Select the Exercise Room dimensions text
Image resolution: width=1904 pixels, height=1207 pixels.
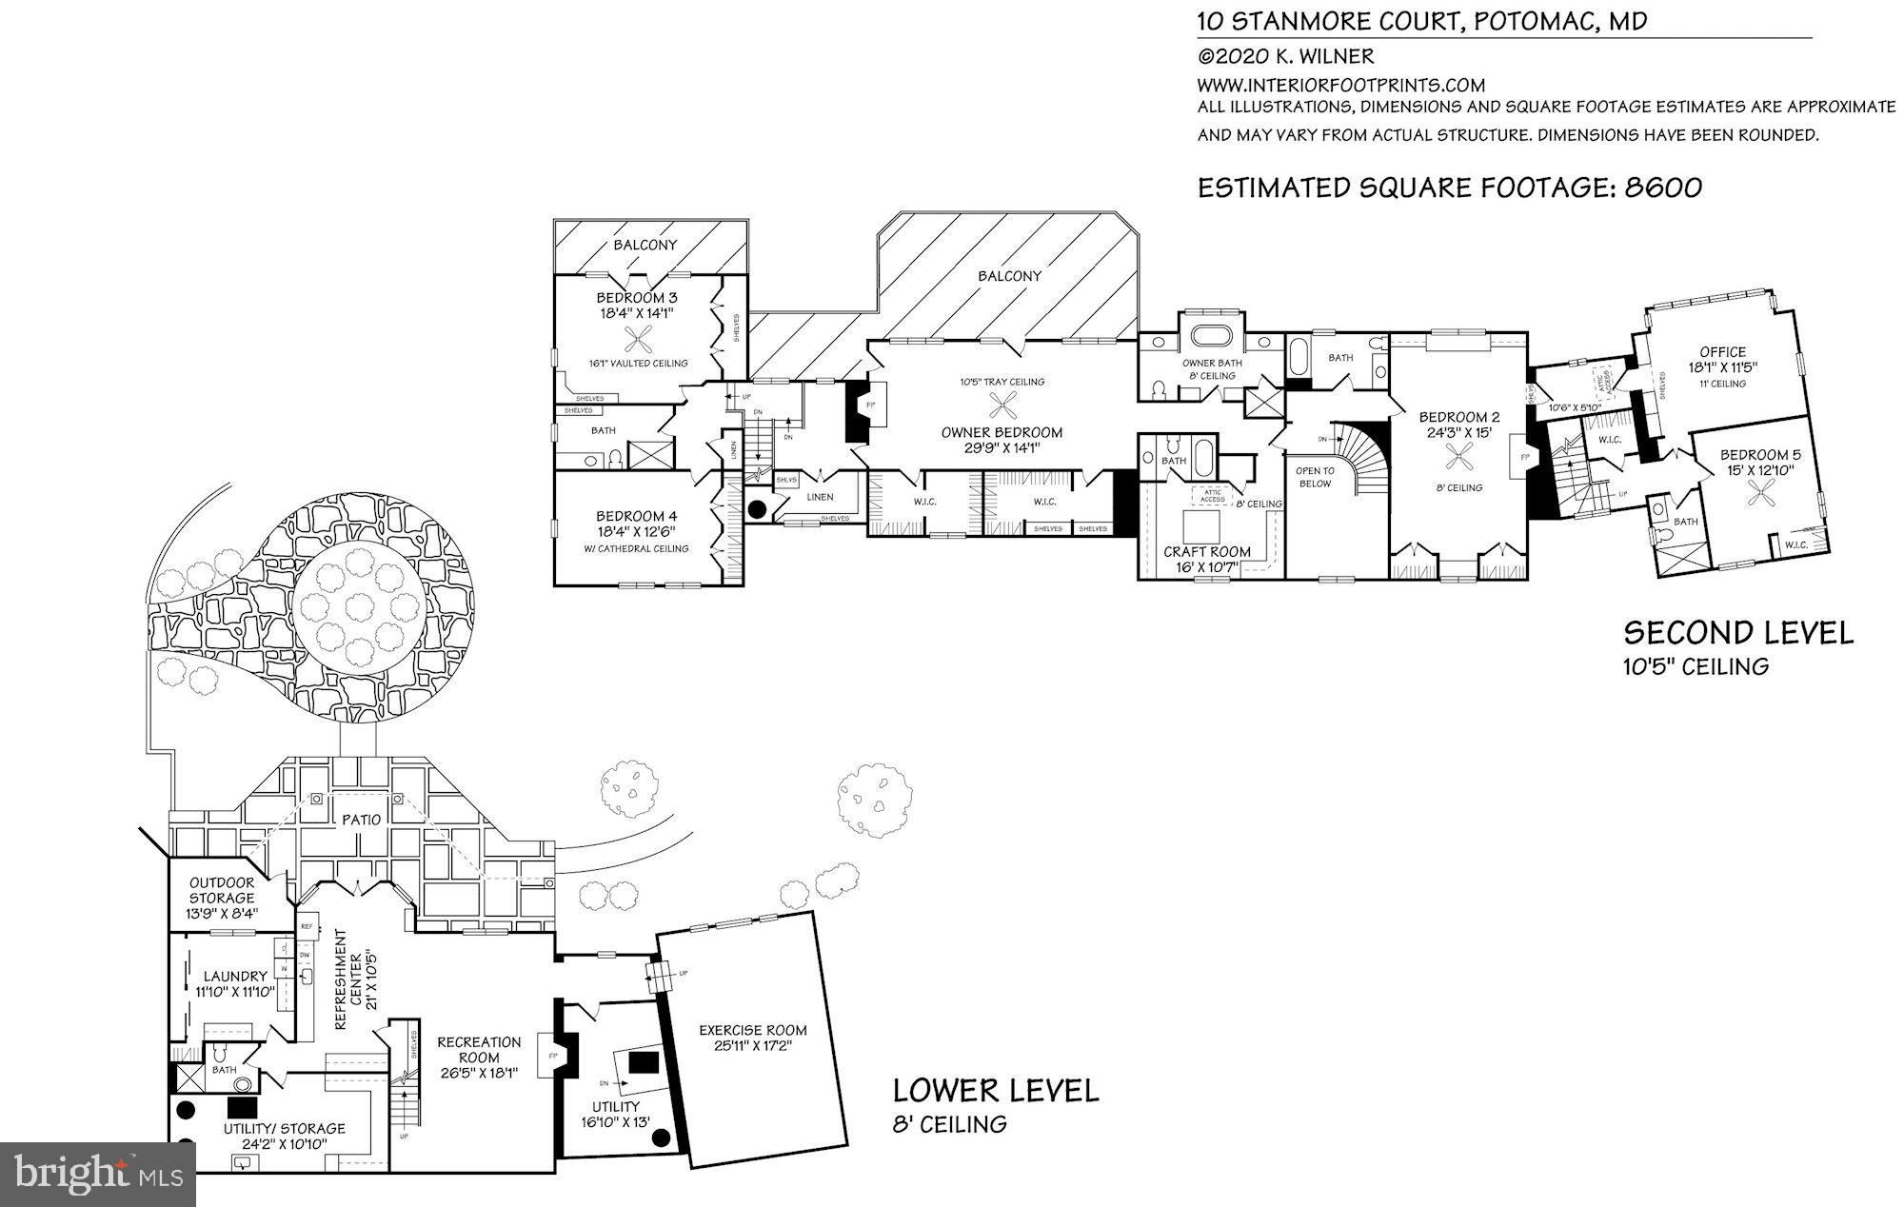(x=752, y=1045)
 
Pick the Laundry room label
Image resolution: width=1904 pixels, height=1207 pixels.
(x=235, y=977)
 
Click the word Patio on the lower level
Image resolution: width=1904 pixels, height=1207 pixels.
(x=361, y=820)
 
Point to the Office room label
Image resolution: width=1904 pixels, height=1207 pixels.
(x=1723, y=352)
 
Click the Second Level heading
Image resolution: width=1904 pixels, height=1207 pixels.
(x=1738, y=633)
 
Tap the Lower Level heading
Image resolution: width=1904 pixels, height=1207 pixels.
(x=995, y=1090)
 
